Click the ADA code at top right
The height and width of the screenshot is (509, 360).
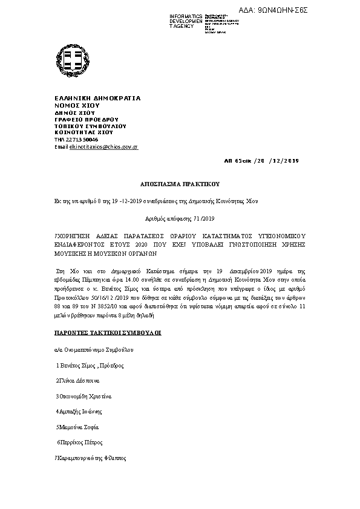click(316, 10)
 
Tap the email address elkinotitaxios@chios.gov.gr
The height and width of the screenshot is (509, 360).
click(104, 147)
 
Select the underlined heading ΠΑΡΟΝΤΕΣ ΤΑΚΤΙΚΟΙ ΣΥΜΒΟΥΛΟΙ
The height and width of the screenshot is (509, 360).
click(108, 333)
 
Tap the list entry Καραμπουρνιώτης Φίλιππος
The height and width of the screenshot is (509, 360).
click(91, 458)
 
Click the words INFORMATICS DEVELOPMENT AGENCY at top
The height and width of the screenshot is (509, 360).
click(186, 21)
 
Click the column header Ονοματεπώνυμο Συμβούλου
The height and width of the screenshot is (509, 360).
click(97, 349)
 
